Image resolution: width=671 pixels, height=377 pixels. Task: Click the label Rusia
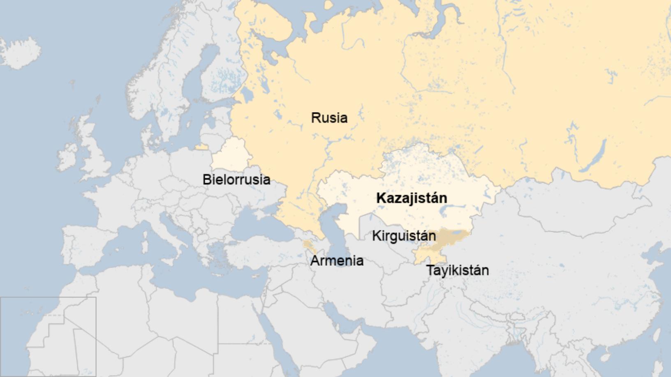pos(329,118)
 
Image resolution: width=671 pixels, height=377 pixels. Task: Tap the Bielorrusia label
pos(236,179)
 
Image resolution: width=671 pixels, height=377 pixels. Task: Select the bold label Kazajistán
pos(412,198)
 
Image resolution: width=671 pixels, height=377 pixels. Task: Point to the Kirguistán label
pos(404,236)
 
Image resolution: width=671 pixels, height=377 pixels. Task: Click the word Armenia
pos(337,261)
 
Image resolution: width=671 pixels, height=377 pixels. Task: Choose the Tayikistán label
pos(457,271)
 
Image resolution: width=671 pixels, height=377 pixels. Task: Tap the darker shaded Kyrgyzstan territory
pos(450,237)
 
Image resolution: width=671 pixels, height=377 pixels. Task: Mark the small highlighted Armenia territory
pos(309,247)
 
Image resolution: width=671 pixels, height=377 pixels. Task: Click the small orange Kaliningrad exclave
pos(201,147)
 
